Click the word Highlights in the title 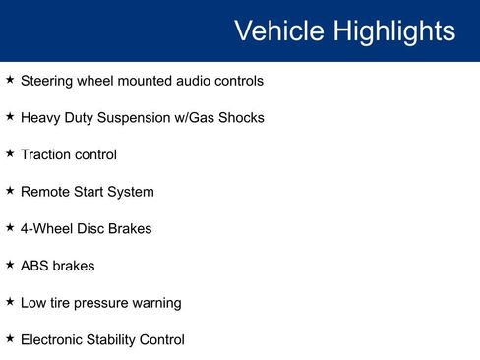[x=393, y=30]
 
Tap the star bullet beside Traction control [x=10, y=153]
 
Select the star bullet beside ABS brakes [x=10, y=265]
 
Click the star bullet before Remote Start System [x=10, y=191]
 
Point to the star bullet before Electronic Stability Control [x=10, y=338]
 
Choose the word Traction [x=45, y=154]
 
